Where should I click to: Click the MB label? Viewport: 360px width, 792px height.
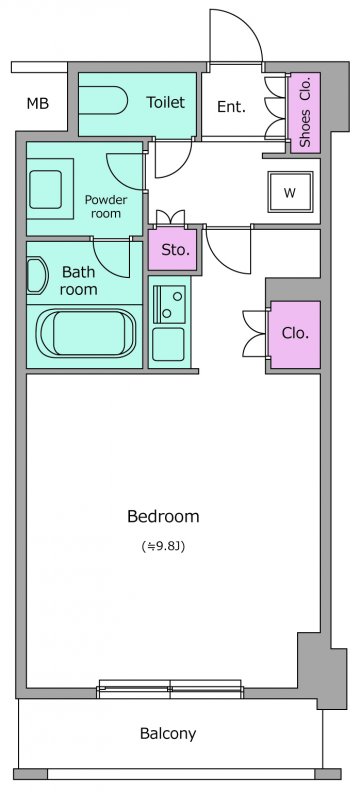(x=38, y=104)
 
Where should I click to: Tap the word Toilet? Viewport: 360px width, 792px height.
(x=166, y=102)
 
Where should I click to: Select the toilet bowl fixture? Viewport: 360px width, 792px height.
(x=104, y=100)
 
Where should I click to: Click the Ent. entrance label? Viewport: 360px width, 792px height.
(x=231, y=106)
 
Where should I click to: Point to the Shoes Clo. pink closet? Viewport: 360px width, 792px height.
(x=304, y=113)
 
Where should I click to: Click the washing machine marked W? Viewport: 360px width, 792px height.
(x=290, y=192)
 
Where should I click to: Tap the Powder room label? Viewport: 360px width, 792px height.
(x=106, y=206)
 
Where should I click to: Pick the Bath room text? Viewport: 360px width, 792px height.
(x=78, y=280)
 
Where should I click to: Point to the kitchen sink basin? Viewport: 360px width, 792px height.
(x=169, y=304)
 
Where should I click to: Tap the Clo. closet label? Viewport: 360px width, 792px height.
(x=295, y=333)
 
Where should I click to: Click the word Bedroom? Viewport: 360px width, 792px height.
(x=163, y=516)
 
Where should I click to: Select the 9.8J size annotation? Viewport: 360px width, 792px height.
(x=163, y=546)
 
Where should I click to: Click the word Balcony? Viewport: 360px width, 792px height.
(x=168, y=733)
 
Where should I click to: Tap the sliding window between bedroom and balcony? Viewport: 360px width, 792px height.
(x=171, y=689)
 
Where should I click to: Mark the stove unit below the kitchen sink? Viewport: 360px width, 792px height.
(x=168, y=344)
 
